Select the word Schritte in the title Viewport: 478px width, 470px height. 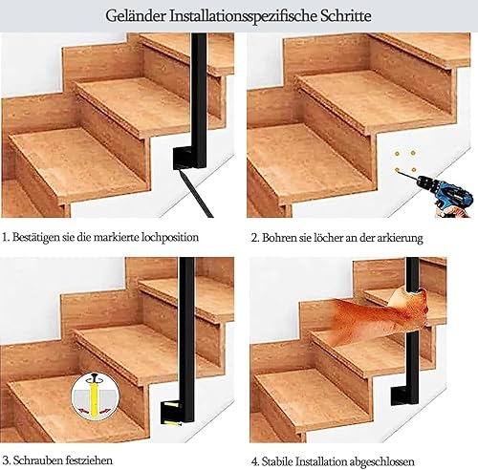[346, 16]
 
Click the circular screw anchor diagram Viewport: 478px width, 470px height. [95, 395]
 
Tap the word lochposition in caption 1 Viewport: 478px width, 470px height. [169, 238]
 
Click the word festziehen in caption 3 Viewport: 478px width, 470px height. [90, 460]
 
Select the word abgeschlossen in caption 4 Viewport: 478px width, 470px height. [382, 461]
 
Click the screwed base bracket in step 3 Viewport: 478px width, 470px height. [173, 414]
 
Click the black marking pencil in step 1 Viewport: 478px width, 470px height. [196, 193]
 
